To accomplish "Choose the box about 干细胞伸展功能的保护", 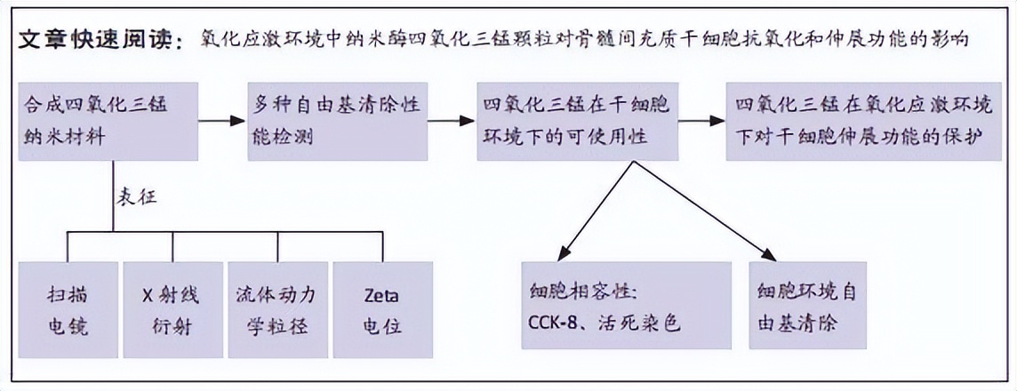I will [863, 121].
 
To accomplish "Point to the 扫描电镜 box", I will [68, 309].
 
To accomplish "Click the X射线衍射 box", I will [172, 309].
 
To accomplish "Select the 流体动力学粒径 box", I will [277, 309].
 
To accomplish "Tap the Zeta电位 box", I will [382, 309].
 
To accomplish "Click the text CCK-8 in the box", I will [552, 323].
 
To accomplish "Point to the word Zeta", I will [382, 294].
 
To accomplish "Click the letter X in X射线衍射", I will [148, 294].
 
